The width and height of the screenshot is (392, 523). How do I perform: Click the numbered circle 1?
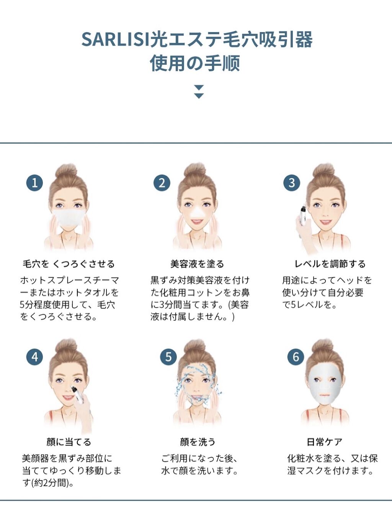[x=34, y=183]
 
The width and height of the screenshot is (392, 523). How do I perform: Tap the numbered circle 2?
[x=162, y=183]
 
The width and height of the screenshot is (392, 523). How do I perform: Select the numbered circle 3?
[x=292, y=183]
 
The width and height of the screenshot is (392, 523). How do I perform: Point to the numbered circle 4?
[x=34, y=357]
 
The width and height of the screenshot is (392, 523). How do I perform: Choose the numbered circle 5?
[x=168, y=357]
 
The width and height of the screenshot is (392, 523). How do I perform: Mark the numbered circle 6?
[x=296, y=357]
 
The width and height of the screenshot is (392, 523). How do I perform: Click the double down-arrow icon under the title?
[x=199, y=92]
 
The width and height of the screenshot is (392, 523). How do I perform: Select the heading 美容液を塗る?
[x=197, y=264]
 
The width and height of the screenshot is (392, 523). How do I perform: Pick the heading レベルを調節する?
[x=330, y=264]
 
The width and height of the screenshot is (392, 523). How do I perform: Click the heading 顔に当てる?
[x=69, y=442]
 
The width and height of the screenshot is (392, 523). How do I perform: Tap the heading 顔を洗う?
[x=198, y=442]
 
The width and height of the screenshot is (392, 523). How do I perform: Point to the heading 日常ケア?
[x=324, y=442]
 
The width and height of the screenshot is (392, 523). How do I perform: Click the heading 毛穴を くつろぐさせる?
[x=69, y=264]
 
